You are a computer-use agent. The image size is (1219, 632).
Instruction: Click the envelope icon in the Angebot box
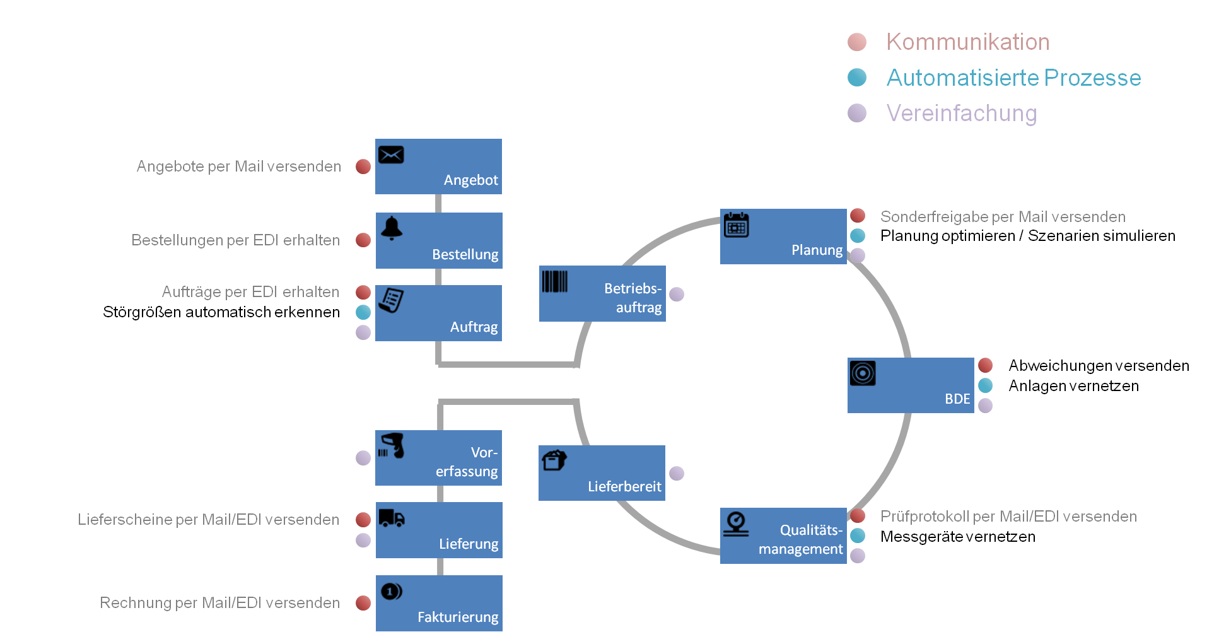click(391, 155)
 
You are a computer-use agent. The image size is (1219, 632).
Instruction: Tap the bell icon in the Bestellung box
click(392, 228)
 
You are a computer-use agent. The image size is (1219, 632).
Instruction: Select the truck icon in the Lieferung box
click(392, 518)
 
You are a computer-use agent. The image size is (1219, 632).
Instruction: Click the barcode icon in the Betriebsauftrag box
click(555, 281)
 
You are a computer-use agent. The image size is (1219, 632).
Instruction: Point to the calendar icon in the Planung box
click(736, 225)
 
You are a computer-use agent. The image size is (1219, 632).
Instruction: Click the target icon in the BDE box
click(863, 373)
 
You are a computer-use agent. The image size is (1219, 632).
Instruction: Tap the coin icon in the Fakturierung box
click(392, 591)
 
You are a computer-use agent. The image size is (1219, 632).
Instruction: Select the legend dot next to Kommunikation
click(857, 42)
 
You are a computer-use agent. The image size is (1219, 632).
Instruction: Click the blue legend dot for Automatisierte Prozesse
click(857, 78)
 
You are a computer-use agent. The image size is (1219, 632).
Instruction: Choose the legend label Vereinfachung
click(962, 114)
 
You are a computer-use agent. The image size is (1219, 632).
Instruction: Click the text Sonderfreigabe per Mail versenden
click(1003, 217)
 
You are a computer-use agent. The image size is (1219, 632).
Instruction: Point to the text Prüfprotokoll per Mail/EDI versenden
click(1008, 517)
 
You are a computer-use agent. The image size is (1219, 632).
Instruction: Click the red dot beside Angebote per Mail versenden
click(363, 167)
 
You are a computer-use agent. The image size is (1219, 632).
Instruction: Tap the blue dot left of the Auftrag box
click(363, 312)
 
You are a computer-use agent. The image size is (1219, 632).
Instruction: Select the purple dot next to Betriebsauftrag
click(677, 294)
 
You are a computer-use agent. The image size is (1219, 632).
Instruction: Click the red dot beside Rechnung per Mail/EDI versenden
click(363, 603)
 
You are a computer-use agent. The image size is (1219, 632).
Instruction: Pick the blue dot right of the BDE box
click(985, 385)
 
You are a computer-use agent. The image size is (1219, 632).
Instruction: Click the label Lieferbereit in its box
click(624, 486)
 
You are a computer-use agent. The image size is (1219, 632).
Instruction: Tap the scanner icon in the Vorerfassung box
click(392, 445)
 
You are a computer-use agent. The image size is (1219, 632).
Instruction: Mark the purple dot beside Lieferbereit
click(677, 473)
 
